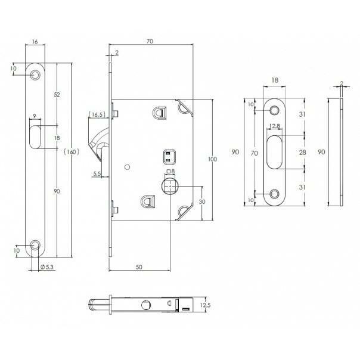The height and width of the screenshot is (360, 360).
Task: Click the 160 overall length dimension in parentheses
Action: coord(72,152)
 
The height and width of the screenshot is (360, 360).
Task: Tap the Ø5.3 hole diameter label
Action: coord(47,267)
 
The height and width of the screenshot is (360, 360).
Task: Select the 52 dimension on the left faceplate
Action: coord(57,94)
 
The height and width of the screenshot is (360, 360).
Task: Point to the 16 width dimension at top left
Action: coord(35,42)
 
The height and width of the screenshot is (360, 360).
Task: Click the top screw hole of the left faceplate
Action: coord(35,75)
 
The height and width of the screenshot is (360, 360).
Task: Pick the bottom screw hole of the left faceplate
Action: coord(35,245)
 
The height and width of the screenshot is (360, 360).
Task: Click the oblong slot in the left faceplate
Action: coord(35,137)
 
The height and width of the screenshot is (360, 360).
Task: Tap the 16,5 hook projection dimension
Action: coord(98,114)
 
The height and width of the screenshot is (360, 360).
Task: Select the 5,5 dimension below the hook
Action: coord(97,173)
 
